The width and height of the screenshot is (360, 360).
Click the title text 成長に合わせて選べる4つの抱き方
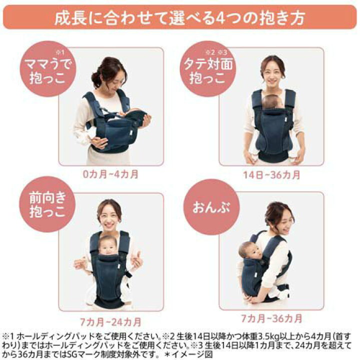tap(180, 17)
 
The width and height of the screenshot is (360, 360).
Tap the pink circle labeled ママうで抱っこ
tap(48, 69)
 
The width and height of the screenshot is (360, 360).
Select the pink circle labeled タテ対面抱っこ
tap(208, 69)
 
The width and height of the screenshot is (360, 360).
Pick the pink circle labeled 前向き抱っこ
tap(47, 204)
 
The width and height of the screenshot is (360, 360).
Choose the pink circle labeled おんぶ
tap(211, 207)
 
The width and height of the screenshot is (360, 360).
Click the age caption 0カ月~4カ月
tap(110, 174)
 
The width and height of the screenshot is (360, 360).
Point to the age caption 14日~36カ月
tap(271, 175)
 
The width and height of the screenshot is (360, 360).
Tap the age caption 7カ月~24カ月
tap(110, 322)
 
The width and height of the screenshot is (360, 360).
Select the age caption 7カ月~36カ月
tap(271, 318)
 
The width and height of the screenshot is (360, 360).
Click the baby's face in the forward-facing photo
tap(108, 246)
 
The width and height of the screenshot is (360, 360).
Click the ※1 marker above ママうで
tap(60, 52)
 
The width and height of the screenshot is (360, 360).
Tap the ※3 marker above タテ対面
tap(222, 52)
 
